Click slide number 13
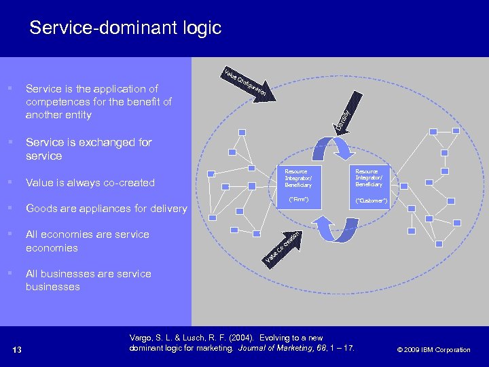(17, 350)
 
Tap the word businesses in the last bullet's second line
(53, 287)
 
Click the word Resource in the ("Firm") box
(296, 171)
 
